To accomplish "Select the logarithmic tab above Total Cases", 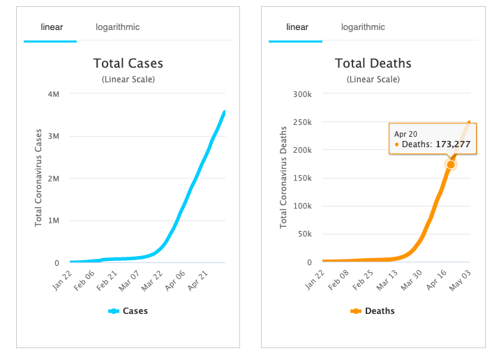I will tap(117, 27).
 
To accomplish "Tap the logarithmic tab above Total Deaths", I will tap(362, 27).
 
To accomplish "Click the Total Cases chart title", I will tap(128, 63).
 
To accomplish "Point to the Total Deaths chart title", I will tap(373, 63).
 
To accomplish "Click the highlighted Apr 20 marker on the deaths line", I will tap(451, 164).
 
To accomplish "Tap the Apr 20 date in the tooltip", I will tap(405, 133).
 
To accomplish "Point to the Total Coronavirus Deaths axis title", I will tap(283, 178).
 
